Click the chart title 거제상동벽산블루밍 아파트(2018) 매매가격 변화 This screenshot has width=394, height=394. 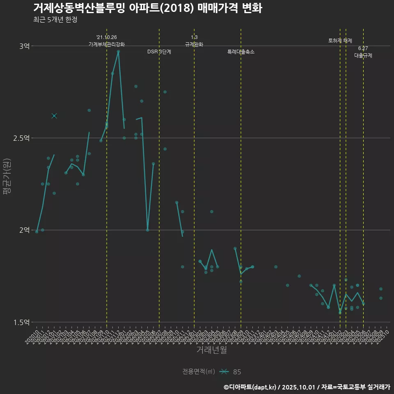pyautogui.click(x=147, y=8)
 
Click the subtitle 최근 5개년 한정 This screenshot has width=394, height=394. pyautogui.click(x=55, y=20)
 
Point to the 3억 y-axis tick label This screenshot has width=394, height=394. pyautogui.click(x=24, y=46)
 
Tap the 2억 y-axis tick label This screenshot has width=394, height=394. pyautogui.click(x=24, y=230)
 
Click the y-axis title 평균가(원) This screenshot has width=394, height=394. pyautogui.click(x=7, y=177)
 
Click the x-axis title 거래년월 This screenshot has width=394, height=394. pyautogui.click(x=211, y=350)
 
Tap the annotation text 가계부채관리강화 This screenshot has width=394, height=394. pyautogui.click(x=107, y=44)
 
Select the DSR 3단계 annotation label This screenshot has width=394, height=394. pyautogui.click(x=159, y=52)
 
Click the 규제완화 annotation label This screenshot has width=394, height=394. pyautogui.click(x=194, y=44)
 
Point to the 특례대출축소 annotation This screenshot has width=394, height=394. pyautogui.click(x=241, y=52)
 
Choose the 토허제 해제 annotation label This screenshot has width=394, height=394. pyautogui.click(x=340, y=41)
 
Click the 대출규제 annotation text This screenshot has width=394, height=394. pyautogui.click(x=363, y=56)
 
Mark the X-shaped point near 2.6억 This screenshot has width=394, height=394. pyautogui.click(x=54, y=116)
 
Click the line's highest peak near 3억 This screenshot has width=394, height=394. pyautogui.click(x=118, y=51)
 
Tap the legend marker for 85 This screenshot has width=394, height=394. pyautogui.click(x=224, y=372)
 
